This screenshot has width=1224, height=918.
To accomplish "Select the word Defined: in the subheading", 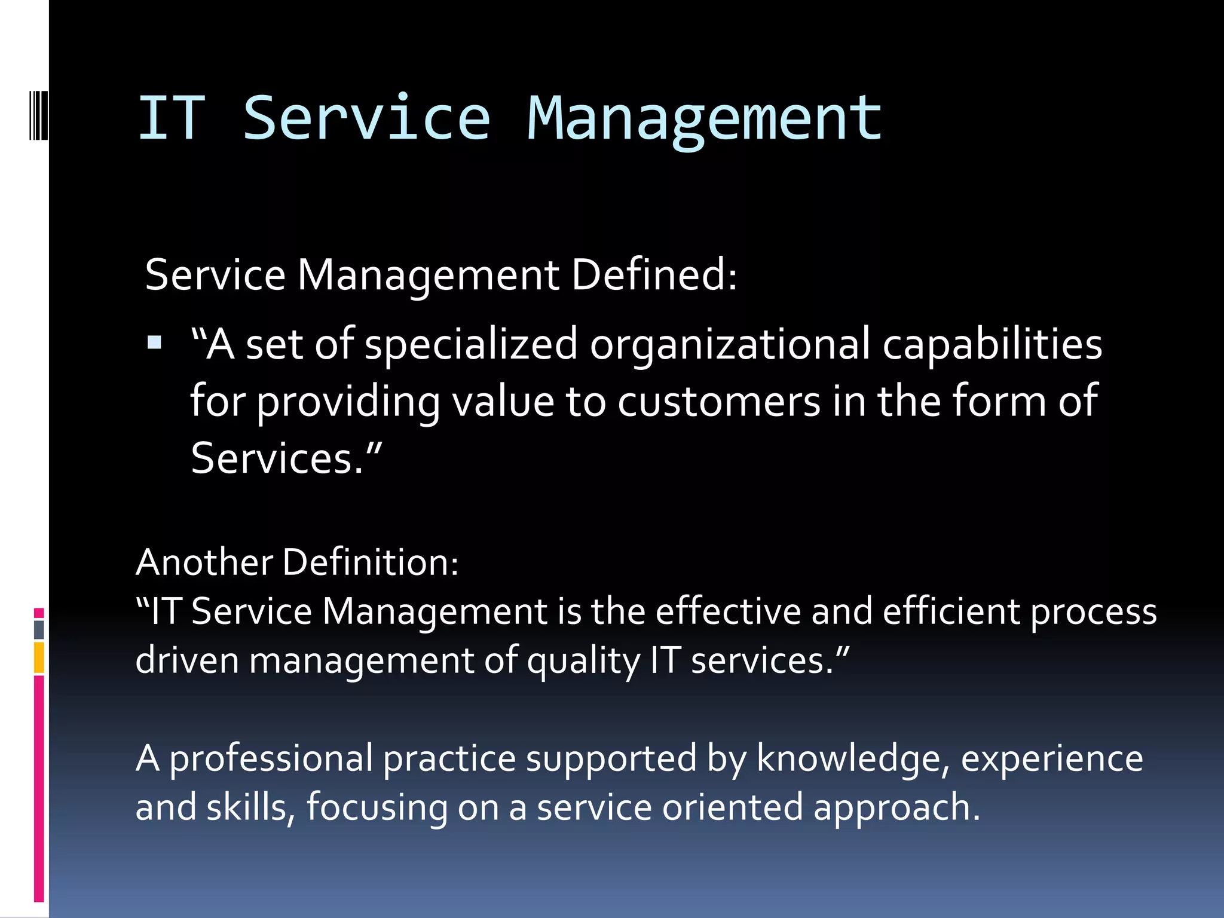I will [654, 275].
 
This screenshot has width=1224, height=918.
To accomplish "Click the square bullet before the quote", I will [154, 342].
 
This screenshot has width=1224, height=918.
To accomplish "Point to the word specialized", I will [471, 345].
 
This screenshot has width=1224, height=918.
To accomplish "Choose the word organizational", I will [730, 345].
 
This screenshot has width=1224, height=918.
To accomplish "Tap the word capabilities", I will [992, 345].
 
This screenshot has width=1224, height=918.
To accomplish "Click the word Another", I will [204, 562].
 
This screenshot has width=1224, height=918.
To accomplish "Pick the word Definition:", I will [371, 562].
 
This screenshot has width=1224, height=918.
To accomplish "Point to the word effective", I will [728, 611].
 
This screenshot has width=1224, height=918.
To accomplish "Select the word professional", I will [271, 758].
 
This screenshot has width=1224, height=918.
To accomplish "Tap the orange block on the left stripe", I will [39, 657].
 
